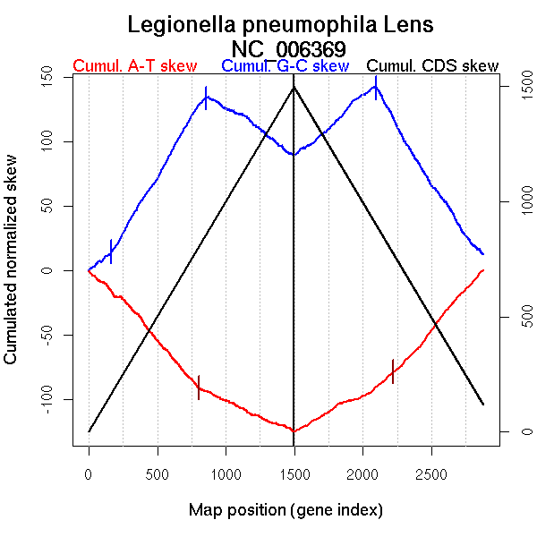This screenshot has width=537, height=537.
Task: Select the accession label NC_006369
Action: click(x=288, y=48)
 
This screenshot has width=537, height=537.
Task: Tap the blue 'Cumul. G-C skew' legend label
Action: click(x=285, y=66)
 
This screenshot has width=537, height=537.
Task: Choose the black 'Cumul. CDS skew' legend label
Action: click(x=432, y=66)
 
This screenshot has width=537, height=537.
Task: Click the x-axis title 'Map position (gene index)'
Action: click(x=286, y=511)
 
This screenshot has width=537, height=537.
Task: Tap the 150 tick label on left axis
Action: click(x=52, y=78)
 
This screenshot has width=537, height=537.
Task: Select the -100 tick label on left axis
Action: click(x=52, y=398)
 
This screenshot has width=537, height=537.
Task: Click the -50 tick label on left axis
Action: click(x=52, y=335)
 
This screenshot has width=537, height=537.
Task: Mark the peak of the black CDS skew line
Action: click(x=294, y=87)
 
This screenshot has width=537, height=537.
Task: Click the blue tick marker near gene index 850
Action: click(x=206, y=98)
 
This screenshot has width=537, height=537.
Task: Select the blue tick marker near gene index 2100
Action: click(x=376, y=88)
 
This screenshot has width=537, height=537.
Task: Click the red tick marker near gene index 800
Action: click(x=199, y=387)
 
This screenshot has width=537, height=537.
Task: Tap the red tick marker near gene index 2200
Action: click(x=393, y=371)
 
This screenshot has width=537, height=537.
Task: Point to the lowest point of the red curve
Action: click(x=294, y=431)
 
